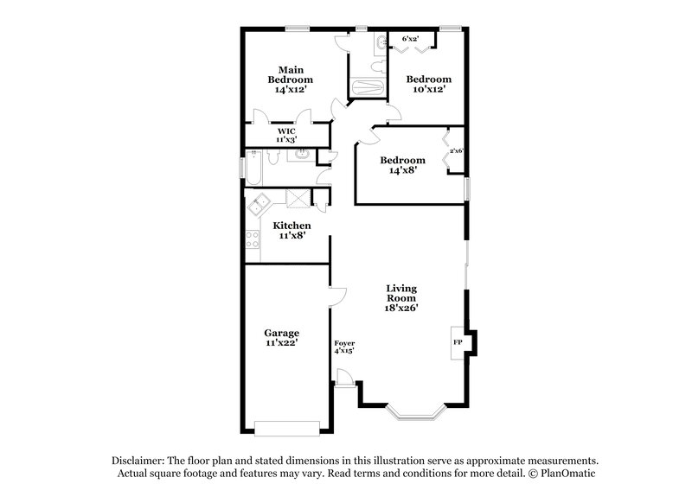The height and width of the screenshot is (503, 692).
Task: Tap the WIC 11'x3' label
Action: (285, 135)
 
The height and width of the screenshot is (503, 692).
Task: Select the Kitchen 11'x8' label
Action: (292, 230)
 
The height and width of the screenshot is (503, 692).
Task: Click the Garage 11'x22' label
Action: (281, 338)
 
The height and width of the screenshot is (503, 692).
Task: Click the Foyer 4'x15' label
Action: (344, 347)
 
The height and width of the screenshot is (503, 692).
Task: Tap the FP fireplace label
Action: (457, 343)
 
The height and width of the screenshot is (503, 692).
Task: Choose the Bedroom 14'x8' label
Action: (403, 165)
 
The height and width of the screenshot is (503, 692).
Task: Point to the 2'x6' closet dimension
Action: (457, 151)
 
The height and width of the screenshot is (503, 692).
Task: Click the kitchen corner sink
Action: (258, 207)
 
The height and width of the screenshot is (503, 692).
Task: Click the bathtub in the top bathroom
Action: (368, 87)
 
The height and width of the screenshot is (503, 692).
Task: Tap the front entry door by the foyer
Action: (344, 378)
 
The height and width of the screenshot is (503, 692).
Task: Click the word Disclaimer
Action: (138, 461)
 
